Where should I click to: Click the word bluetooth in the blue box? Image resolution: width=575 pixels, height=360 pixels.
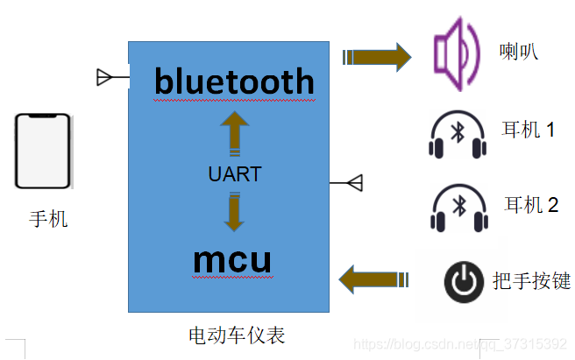(x=234, y=81)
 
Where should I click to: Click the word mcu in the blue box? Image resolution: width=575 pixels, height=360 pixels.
(x=231, y=260)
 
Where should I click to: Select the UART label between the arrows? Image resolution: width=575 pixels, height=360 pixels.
(x=234, y=174)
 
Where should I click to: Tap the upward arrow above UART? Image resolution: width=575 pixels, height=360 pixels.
(x=234, y=132)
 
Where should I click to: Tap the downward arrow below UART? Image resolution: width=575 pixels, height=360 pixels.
(x=233, y=213)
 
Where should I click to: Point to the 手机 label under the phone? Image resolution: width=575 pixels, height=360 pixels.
(x=48, y=219)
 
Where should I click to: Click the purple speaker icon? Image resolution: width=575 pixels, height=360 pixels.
(x=458, y=55)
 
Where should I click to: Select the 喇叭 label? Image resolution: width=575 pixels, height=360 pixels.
(x=518, y=53)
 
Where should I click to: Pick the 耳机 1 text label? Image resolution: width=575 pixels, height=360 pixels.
(x=529, y=131)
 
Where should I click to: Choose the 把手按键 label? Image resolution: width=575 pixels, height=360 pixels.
(x=532, y=281)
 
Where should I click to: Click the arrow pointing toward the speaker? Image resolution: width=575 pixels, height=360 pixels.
(x=377, y=57)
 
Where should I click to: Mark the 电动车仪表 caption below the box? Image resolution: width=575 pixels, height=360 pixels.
(x=237, y=335)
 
